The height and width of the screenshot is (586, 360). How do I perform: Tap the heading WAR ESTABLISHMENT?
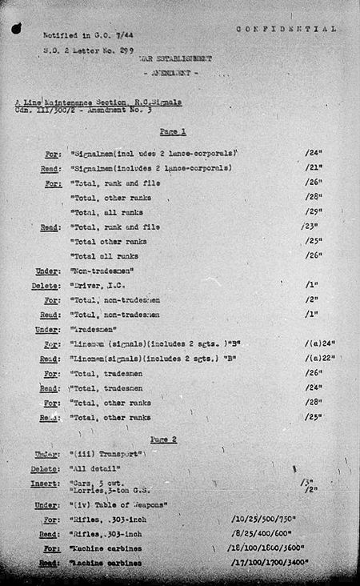click(171, 59)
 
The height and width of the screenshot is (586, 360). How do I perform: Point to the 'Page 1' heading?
click(173, 132)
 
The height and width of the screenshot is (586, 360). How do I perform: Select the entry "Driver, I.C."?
click(98, 285)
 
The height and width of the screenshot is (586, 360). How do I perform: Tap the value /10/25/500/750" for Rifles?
click(267, 519)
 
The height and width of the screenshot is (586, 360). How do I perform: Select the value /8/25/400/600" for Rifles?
click(267, 534)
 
